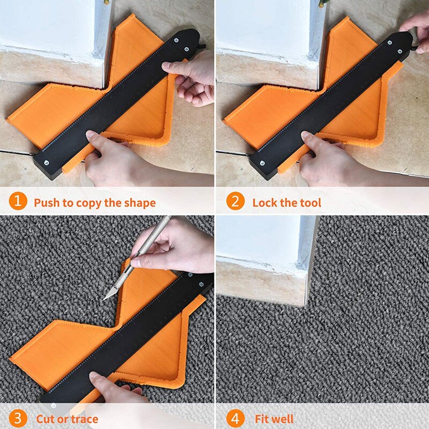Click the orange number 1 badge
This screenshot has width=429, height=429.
[x=18, y=202]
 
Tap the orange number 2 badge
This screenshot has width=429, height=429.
[x=234, y=202]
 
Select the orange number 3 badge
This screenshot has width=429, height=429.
[x=18, y=418]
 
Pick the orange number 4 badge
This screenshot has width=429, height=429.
[x=234, y=418]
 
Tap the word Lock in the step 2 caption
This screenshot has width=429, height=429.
[x=265, y=203]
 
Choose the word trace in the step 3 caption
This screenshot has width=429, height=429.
[x=85, y=419]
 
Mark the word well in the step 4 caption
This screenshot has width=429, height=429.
[x=282, y=419]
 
